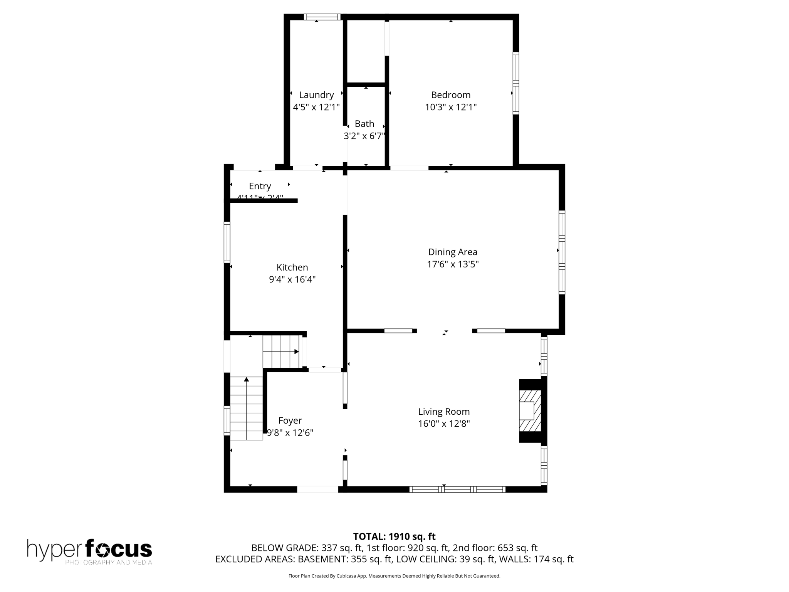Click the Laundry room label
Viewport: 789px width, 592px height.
[316, 95]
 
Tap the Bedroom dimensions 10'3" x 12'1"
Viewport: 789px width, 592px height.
[450, 107]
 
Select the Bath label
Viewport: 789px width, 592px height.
[364, 124]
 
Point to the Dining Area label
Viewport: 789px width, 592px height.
[452, 252]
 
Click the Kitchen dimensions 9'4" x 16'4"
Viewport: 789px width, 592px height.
[292, 279]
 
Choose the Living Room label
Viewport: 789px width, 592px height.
[444, 412]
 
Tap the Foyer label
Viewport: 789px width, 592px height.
[290, 420]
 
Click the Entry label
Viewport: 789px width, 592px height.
[260, 186]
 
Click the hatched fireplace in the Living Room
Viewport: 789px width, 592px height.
[530, 410]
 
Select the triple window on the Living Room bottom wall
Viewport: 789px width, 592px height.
[457, 489]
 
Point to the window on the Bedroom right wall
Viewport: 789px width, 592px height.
[515, 83]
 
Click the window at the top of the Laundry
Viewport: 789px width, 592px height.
[322, 17]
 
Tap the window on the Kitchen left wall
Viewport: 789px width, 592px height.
[227, 242]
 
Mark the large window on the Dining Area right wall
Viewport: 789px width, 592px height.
[562, 252]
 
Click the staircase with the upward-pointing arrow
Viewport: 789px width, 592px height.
[246, 409]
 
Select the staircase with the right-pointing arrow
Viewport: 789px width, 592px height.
[281, 351]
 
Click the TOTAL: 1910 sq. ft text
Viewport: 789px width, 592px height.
[394, 536]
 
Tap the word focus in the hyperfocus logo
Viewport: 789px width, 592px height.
[118, 549]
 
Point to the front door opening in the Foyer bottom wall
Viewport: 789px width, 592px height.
[317, 489]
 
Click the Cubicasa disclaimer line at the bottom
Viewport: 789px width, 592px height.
[394, 576]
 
